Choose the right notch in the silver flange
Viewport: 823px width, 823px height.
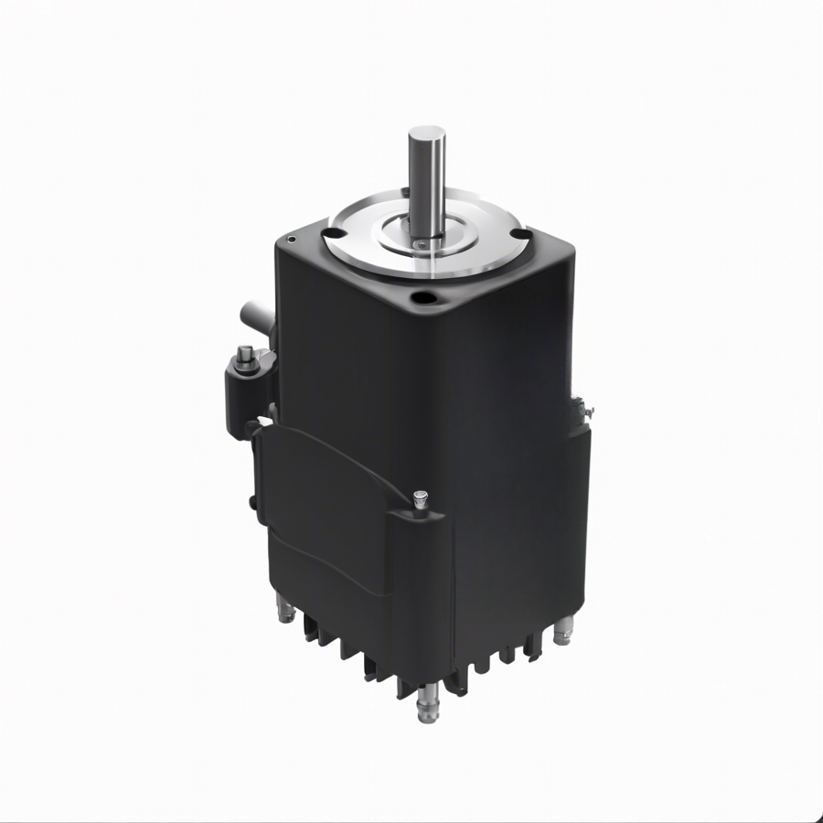point(523,234)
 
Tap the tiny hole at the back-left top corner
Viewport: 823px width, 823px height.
point(291,239)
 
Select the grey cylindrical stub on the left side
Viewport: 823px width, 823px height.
point(251,317)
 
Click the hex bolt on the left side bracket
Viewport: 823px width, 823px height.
point(245,358)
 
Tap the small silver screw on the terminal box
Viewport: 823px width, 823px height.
point(420,499)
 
